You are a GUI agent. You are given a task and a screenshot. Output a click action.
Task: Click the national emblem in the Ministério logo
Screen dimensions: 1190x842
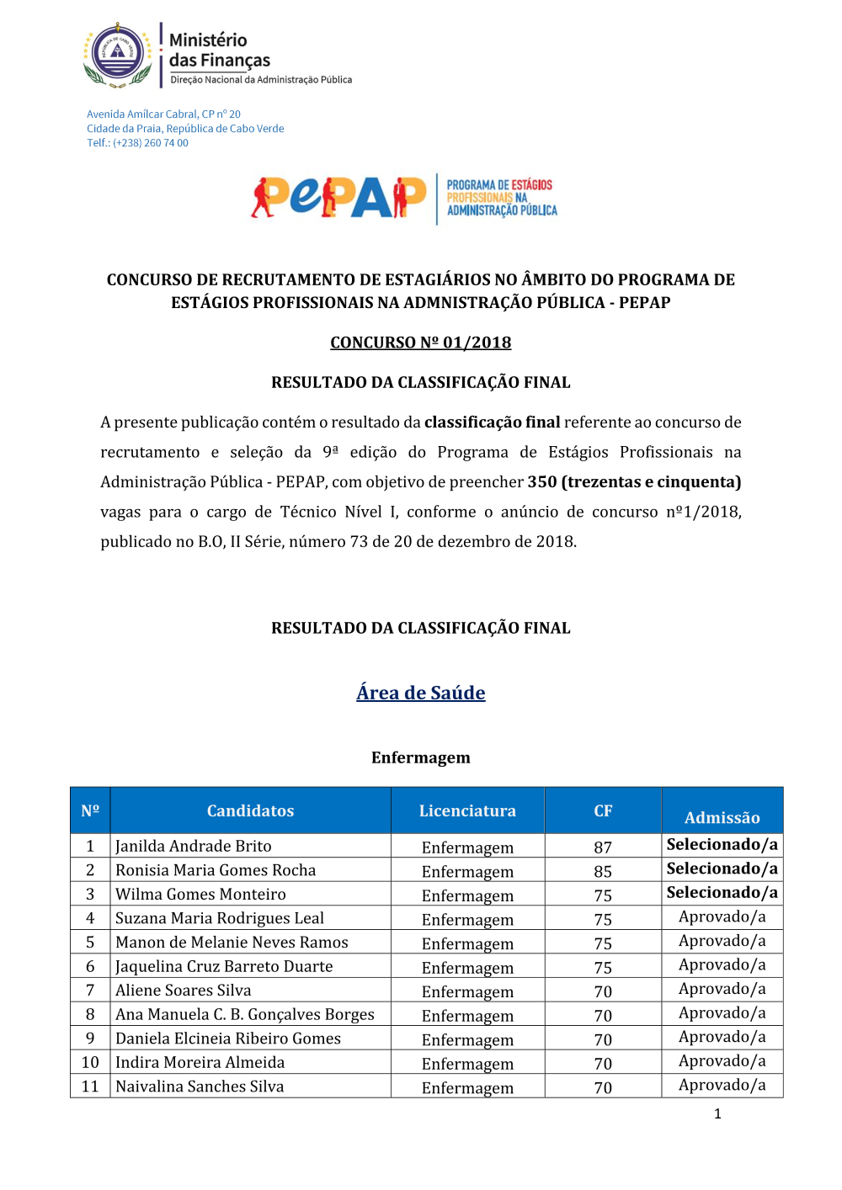[x=118, y=55]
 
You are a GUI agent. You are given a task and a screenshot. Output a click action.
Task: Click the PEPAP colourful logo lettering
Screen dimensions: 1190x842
[x=338, y=198]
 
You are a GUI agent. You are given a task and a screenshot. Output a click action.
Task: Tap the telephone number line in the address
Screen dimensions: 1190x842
[x=137, y=143]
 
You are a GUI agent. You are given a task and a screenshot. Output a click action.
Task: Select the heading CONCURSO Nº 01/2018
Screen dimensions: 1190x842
[x=420, y=343]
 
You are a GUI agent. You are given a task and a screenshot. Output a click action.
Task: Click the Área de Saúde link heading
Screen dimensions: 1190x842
[x=420, y=693]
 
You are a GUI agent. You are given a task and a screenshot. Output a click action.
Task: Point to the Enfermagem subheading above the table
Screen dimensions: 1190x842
[x=420, y=757]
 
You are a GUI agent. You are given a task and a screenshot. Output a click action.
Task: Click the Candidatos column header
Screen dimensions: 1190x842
[x=250, y=810]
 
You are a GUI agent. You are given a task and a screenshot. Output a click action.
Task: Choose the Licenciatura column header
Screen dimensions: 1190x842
[x=467, y=810]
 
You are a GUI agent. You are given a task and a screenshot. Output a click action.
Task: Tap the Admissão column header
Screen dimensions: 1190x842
[x=722, y=817]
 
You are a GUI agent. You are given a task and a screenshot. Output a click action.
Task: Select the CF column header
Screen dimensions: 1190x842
[x=603, y=810]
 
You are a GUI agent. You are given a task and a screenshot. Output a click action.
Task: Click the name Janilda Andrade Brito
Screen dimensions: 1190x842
[x=194, y=846]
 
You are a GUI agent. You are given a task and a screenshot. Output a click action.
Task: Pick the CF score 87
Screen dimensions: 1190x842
[x=603, y=847]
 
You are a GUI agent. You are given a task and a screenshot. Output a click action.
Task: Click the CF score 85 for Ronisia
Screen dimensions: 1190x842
[x=603, y=872]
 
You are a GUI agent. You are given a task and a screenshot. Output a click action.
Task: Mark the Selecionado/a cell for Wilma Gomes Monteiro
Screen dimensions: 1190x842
[x=722, y=892]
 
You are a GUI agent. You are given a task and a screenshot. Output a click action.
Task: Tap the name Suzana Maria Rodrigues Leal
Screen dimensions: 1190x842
[x=220, y=918]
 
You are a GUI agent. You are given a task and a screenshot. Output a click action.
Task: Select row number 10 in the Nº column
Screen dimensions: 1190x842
[x=90, y=1062]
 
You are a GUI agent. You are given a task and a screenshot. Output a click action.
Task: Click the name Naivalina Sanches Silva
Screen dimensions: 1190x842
[x=200, y=1086]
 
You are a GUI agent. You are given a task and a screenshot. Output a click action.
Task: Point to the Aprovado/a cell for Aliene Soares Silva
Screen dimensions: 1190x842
[x=722, y=989]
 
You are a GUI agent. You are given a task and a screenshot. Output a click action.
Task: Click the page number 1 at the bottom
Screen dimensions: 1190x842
[x=717, y=1113]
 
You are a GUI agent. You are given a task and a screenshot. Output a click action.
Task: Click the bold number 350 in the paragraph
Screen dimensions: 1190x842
[x=541, y=482]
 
